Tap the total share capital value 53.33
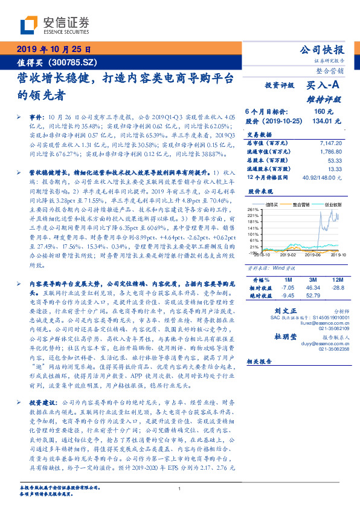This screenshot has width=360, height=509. [x=335, y=160]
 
